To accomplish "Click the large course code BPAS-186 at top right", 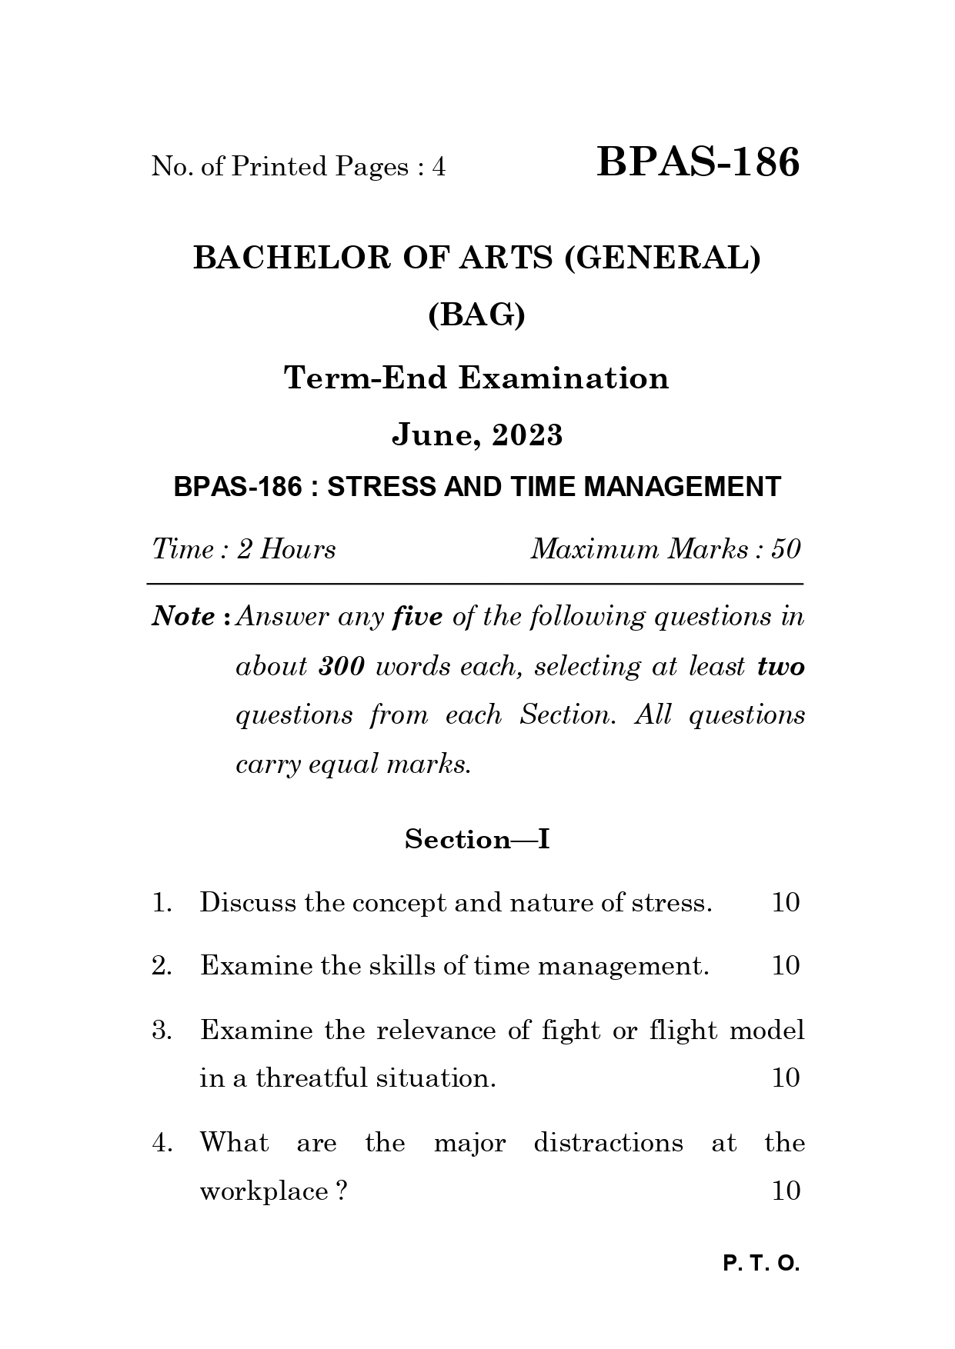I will (x=698, y=163).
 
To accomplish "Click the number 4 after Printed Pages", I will (x=439, y=167).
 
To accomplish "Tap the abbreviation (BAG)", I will (x=476, y=315).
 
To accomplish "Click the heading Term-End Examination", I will (x=476, y=378).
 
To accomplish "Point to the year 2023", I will (x=528, y=435).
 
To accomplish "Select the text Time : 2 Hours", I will (x=244, y=549).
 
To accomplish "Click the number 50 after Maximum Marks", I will (x=786, y=549).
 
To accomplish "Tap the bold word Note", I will (x=183, y=616).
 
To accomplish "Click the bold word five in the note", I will (x=417, y=616).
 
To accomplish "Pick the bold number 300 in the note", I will (x=341, y=666).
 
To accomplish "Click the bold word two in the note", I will (x=780, y=666).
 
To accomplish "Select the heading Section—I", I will (x=477, y=839).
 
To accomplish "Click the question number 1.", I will (x=160, y=903).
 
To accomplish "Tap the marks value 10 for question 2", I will (x=786, y=966).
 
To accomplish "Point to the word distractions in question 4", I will (x=608, y=1143).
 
